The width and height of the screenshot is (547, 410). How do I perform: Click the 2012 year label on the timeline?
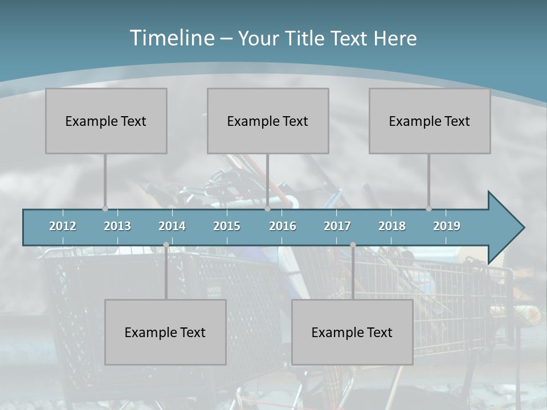pos(63,226)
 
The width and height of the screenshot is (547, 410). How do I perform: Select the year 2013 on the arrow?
pos(117,226)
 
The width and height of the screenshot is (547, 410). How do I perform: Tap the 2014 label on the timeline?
pos(172,226)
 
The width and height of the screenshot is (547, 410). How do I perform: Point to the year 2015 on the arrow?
pos(227,226)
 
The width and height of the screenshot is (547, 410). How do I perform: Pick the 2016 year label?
pos(283,226)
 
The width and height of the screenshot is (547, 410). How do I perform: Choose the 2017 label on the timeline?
pos(337,226)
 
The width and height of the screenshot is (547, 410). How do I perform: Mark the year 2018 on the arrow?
pos(392,226)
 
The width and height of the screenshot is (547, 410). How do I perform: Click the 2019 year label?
pos(447,226)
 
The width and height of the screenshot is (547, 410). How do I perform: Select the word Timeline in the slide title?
pos(171,38)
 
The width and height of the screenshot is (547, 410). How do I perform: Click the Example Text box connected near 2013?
pos(106,121)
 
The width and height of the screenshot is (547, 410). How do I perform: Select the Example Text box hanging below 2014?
pos(165,332)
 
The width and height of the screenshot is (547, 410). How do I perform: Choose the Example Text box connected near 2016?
pos(268,121)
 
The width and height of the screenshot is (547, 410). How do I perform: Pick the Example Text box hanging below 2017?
pos(352,332)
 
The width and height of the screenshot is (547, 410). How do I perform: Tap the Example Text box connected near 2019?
pos(430,121)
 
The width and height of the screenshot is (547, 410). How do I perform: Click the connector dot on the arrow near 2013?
pos(105,208)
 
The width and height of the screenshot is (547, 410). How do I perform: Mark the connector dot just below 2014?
pos(166,245)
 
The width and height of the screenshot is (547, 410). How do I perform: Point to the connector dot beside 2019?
pos(428,208)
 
